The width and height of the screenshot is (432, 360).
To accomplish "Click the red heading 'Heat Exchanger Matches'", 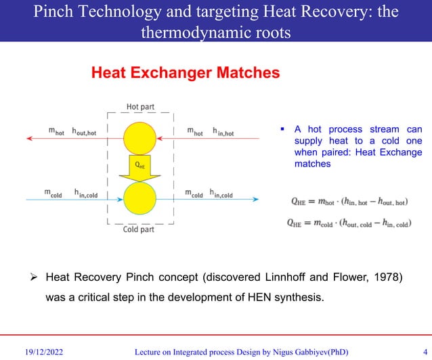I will coord(185,73).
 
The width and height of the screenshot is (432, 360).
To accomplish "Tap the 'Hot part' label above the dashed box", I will coord(141,106).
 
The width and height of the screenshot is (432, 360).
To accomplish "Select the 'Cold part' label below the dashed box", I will coord(140,229).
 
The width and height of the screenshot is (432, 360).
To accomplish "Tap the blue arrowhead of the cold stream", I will coord(255,199).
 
